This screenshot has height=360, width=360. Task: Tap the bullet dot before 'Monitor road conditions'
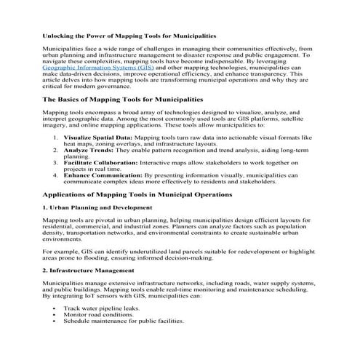[x=55, y=315]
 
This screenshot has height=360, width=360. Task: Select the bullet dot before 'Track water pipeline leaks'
[x=55, y=308]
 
